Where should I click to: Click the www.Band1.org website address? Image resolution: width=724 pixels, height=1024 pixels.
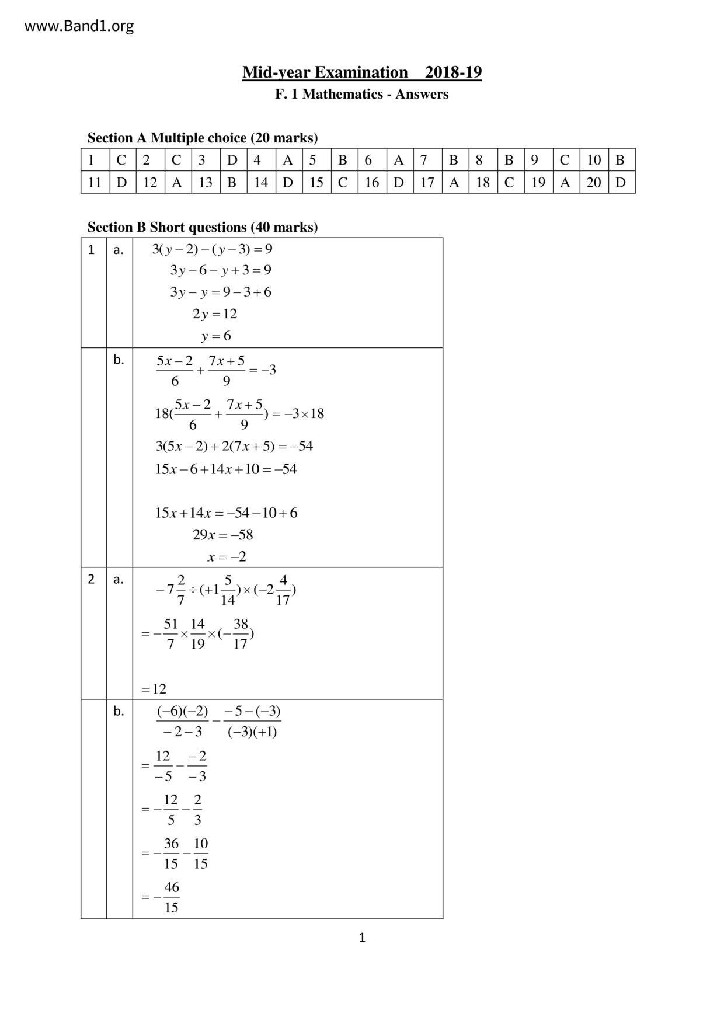coord(79,26)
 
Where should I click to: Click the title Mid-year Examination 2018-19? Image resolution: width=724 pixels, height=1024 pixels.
coord(362,72)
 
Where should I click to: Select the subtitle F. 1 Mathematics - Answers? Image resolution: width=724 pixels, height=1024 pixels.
coord(362,94)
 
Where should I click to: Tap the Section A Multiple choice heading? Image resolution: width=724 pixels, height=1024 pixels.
coord(203,138)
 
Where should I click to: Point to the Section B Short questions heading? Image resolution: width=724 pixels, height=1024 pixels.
coord(203,227)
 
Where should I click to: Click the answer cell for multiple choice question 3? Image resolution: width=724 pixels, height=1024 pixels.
coord(232,160)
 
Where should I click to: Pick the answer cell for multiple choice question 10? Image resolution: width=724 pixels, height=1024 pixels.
coord(621,160)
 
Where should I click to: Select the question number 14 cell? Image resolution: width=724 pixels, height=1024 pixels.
coord(260,182)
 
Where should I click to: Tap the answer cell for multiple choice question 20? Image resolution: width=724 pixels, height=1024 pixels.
coord(621,182)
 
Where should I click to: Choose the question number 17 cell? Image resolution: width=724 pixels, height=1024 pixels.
coord(427,182)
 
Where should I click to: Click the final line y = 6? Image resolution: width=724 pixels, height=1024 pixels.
coord(216,336)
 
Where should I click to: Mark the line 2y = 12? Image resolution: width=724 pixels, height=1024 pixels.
coord(215,314)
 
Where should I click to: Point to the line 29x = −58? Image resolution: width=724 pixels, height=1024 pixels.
coord(222,535)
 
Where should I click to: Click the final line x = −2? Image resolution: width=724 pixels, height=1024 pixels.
coord(227,557)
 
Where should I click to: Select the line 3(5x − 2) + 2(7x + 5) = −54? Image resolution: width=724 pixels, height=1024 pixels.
coord(234,447)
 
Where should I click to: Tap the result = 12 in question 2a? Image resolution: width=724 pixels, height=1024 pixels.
coord(154,689)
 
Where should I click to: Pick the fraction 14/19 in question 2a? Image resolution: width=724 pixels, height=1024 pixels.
coord(198,634)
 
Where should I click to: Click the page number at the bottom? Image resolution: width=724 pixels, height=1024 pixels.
coord(362,938)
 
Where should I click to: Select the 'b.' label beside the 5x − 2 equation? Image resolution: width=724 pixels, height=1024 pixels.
coord(119,360)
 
